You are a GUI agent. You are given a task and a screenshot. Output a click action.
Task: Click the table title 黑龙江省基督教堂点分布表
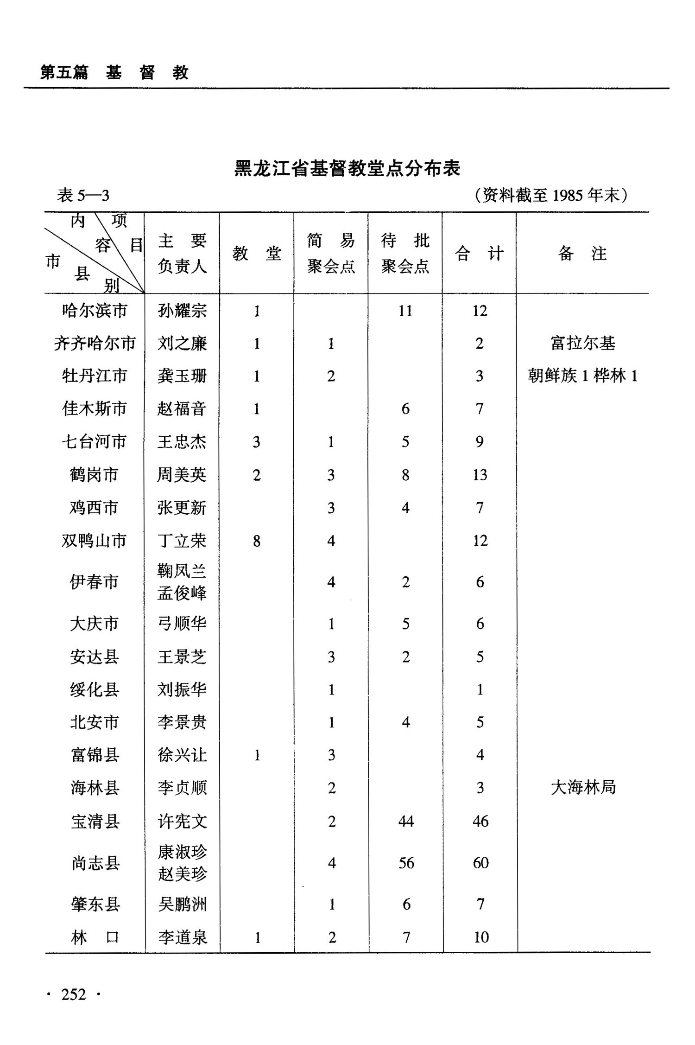347,168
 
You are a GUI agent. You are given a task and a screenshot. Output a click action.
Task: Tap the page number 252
74,994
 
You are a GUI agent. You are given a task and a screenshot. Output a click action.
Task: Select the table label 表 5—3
83,196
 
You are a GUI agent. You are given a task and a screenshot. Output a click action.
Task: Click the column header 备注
582,254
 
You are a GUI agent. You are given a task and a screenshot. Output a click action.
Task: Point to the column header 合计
479,254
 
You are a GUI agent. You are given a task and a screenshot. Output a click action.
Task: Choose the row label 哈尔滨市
95,311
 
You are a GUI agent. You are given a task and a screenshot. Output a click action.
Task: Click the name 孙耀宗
182,311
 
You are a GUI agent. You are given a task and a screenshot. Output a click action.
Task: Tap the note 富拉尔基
583,344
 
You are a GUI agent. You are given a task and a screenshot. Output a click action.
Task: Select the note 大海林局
583,787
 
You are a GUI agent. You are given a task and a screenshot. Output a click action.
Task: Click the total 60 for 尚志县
480,863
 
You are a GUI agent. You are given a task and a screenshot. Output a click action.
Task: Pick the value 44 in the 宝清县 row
406,822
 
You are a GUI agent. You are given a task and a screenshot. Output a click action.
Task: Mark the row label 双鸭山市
95,541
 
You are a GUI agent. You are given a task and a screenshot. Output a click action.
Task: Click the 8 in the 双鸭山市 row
257,541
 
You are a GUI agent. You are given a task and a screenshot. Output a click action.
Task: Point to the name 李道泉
183,937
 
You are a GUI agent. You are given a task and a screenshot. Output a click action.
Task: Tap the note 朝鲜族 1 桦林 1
582,376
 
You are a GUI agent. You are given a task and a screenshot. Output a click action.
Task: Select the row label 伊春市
95,582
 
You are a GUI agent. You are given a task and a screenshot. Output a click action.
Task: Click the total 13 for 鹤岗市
480,475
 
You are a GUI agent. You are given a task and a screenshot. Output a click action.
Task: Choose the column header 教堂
257,254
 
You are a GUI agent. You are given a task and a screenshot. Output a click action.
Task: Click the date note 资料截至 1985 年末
551,195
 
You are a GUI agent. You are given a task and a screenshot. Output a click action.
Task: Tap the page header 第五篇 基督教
114,73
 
